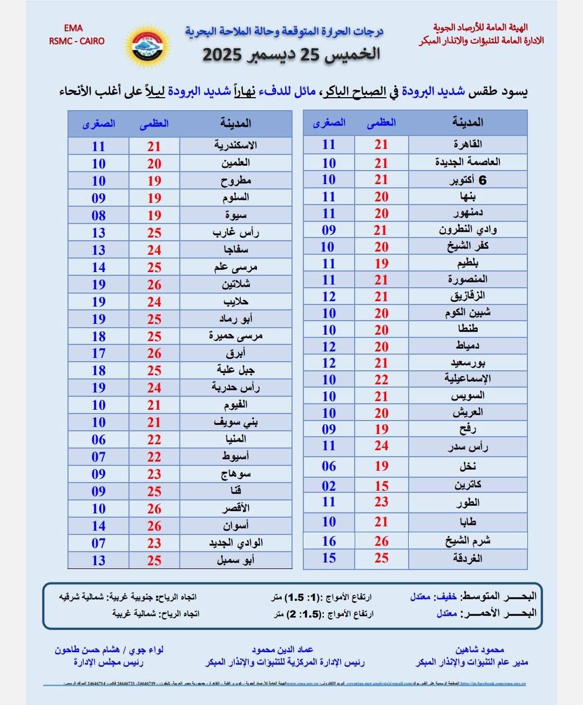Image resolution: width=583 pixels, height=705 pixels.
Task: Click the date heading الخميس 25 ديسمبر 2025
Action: click(x=291, y=55)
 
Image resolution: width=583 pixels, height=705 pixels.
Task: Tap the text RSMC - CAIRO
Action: click(x=77, y=41)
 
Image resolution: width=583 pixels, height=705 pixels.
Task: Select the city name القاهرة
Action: click(x=467, y=144)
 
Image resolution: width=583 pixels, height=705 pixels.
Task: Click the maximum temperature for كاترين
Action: click(x=382, y=485)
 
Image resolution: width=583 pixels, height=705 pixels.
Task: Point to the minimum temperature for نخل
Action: click(x=329, y=466)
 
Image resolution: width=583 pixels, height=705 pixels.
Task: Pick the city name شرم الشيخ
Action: click(x=467, y=540)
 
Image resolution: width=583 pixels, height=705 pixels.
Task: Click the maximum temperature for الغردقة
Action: click(x=382, y=558)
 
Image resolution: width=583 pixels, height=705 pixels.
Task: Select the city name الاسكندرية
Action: click(x=235, y=145)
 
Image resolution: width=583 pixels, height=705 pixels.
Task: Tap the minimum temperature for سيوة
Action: click(x=98, y=215)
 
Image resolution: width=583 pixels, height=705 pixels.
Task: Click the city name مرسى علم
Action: click(x=235, y=267)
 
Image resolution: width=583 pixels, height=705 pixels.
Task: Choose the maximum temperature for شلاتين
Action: click(x=154, y=284)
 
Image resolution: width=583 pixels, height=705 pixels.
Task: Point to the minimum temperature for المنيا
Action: click(x=98, y=439)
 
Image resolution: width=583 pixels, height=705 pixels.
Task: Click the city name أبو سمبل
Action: click(x=235, y=560)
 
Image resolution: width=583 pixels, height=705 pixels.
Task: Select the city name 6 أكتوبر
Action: click(x=467, y=180)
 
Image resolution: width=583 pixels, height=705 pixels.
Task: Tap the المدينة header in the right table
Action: click(x=467, y=123)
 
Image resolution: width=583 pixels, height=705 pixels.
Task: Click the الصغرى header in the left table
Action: click(x=98, y=124)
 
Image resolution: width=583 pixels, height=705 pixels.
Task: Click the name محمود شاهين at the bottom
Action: click(x=479, y=649)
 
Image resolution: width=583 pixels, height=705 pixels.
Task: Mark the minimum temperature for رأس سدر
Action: click(x=329, y=446)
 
